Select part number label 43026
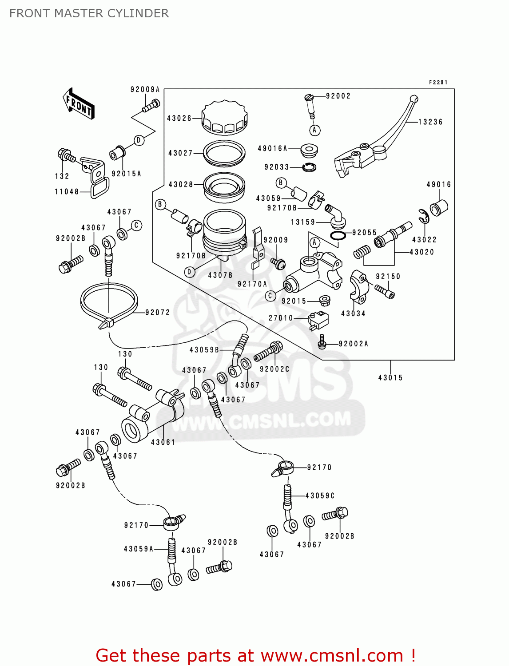coord(179,118)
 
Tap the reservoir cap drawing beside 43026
coord(224,118)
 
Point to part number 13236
coord(430,122)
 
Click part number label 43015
coord(390,378)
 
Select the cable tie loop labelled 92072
coord(108,302)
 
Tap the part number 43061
coord(163,442)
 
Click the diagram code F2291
coord(438,83)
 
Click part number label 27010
coord(281,318)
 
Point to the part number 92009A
coord(145,90)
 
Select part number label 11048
coord(67,192)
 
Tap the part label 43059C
coord(320,496)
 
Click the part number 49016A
coord(272,148)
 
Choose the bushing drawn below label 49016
coord(439,207)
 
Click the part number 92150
coord(388,276)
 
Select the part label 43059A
coord(139,549)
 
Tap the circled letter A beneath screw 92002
coord(314,130)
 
